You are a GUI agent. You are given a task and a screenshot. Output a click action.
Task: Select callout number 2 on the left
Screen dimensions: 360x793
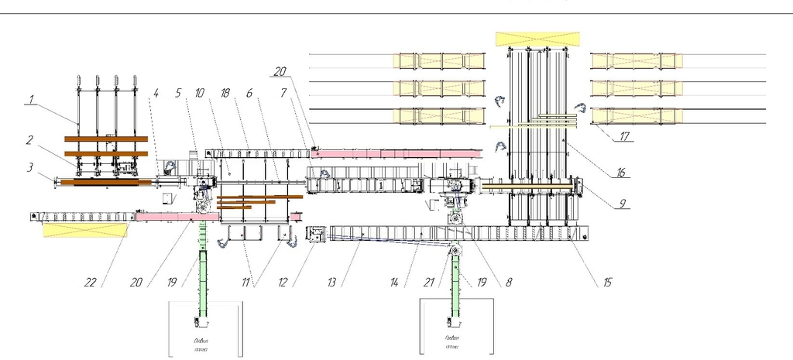29,140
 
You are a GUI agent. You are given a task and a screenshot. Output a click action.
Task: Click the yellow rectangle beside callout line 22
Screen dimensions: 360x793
85,229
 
